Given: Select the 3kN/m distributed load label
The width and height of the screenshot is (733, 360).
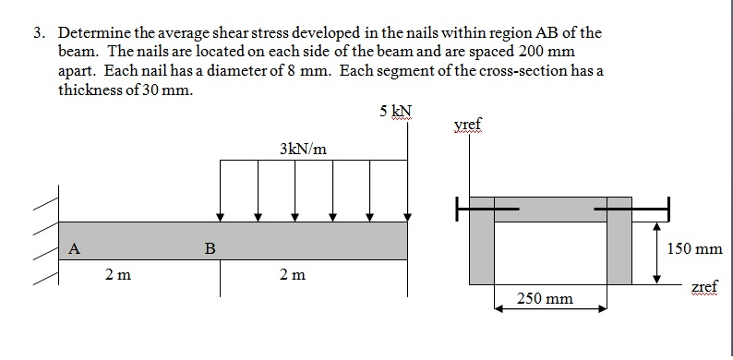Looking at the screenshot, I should [303, 149].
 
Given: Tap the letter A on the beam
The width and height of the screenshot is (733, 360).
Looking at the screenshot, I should [74, 246].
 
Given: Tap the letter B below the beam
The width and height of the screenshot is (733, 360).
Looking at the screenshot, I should [210, 247].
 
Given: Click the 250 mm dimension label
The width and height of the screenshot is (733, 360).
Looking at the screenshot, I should [545, 298].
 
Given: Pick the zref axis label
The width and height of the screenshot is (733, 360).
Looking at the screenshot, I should [706, 287].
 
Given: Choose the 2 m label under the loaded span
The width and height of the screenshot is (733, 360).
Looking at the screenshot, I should [292, 274].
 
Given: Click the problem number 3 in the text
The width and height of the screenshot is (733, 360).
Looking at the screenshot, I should [37, 33].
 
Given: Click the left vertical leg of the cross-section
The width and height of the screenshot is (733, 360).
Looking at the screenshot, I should [481, 249].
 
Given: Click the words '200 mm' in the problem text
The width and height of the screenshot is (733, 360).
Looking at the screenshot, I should [531, 52].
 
